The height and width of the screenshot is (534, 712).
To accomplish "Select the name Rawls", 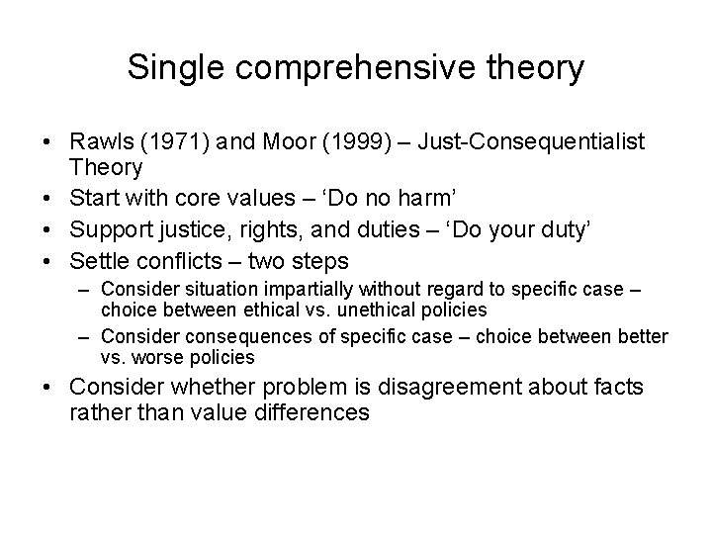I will tap(98, 143).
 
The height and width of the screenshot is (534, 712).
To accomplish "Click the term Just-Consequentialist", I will tap(532, 143).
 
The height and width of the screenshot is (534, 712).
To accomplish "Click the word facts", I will tap(608, 386).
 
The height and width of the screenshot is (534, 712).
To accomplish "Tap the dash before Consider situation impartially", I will tap(88, 290).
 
